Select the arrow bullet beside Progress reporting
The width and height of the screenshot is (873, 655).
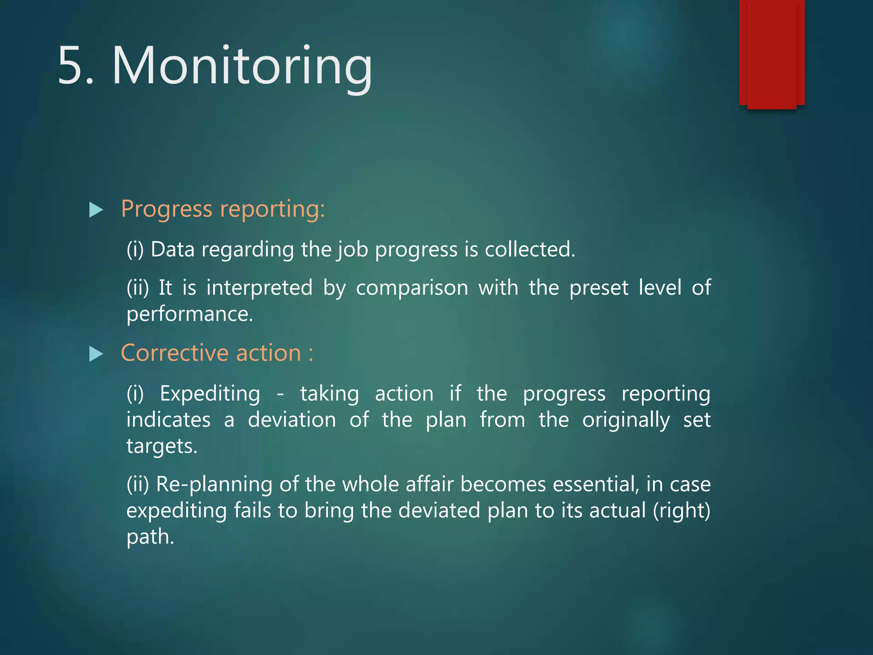(x=96, y=210)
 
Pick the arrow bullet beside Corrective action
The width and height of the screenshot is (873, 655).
(x=96, y=354)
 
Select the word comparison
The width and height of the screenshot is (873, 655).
(x=412, y=288)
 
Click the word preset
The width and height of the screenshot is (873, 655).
(x=598, y=288)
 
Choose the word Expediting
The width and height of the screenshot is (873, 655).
(x=210, y=394)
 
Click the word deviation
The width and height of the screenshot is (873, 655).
(x=292, y=420)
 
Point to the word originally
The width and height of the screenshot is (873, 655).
(x=625, y=420)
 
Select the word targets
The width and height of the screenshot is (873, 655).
(x=162, y=446)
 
